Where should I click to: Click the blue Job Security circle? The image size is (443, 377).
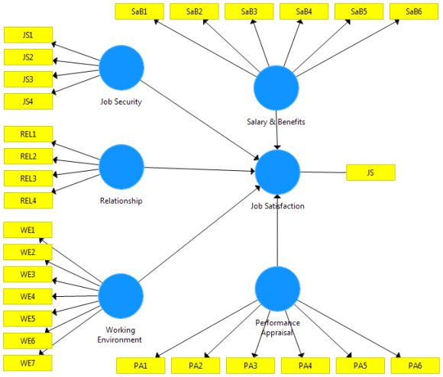pos(121,68)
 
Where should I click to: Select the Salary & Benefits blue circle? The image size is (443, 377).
pos(276,88)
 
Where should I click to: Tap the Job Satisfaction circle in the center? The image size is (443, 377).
pos(276,172)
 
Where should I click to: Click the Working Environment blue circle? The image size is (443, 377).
pos(121,295)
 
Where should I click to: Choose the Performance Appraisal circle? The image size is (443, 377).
pos(276,288)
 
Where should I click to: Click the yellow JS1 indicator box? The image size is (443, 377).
pos(27,35)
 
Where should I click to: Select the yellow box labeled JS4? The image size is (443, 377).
pos(27,101)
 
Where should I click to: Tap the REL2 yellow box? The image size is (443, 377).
pos(27,156)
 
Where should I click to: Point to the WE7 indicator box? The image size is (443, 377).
pos(27,362)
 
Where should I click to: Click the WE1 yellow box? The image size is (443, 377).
pos(27,230)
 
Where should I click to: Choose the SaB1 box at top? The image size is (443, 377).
pos(139,11)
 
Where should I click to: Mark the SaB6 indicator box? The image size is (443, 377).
pos(413,11)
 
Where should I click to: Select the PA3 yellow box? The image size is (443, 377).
pos(250,366)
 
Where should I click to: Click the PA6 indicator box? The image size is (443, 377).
pos(414,366)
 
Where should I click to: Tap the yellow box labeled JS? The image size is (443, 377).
pos(370,172)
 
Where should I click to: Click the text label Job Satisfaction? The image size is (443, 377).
pos(276,206)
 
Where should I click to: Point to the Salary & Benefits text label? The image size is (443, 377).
pos(276,121)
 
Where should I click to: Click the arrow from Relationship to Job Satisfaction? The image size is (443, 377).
pos(199,169)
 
